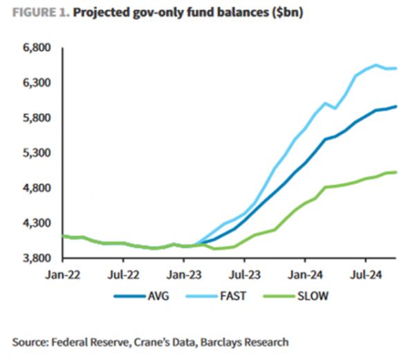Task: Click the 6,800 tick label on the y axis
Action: (x=38, y=48)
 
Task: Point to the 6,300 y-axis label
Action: (x=38, y=84)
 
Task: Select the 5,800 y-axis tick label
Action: (x=38, y=118)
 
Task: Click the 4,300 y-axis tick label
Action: (x=38, y=223)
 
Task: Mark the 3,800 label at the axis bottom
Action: (x=38, y=258)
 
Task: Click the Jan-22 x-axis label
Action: (x=62, y=273)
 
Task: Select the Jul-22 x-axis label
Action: (x=122, y=273)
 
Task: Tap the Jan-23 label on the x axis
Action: (x=183, y=273)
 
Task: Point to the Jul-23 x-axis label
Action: (x=244, y=273)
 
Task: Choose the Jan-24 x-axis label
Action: (x=305, y=273)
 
